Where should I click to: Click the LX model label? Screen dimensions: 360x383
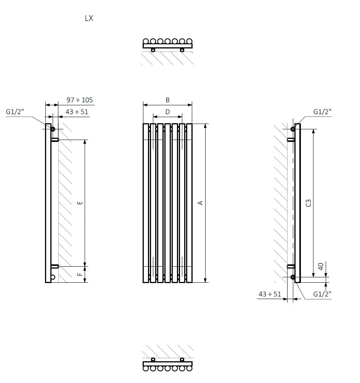tap(89, 18)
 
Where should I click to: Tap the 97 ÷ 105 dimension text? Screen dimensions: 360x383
tap(80, 100)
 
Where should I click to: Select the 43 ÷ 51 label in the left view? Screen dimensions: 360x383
tap(77, 112)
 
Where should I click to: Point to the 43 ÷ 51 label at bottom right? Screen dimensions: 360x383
tap(270, 294)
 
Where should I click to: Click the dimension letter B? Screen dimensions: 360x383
tap(167, 100)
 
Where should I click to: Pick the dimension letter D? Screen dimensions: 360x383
tap(167, 112)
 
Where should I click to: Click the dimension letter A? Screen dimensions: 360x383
tap(201, 203)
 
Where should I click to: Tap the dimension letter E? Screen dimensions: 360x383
tap(80, 203)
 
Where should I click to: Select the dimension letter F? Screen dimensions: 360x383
tap(80, 274)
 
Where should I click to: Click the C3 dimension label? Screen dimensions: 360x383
tap(309, 203)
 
